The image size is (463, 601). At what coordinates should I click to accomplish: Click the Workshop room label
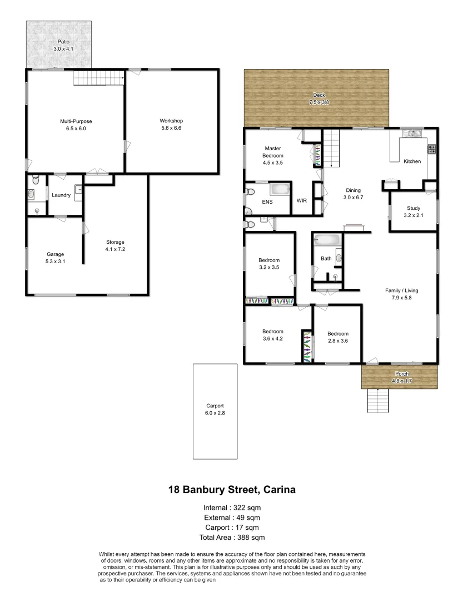point(171,121)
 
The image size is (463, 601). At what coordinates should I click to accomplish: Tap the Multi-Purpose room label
point(76,121)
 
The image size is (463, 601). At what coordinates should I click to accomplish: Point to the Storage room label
point(116,242)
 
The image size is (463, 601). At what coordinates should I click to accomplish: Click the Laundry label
point(61,195)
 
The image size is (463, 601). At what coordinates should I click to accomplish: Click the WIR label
point(302,200)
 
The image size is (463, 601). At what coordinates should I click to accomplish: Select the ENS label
point(267,202)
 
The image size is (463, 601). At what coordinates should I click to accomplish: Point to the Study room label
point(414,208)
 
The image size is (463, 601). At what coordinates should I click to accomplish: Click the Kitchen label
point(412,161)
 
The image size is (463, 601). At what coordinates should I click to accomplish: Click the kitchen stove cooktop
point(431,149)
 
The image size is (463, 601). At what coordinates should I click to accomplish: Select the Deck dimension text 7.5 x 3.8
point(319,102)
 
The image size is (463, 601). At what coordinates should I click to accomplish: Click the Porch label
point(401,373)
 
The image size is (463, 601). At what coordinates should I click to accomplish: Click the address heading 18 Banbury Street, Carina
point(231,490)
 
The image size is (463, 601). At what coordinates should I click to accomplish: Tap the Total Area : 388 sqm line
point(231,538)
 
